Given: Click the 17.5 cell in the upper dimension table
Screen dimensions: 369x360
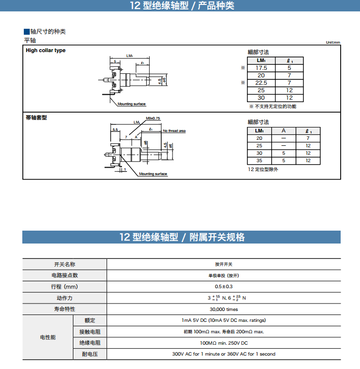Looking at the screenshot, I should [x=261, y=68].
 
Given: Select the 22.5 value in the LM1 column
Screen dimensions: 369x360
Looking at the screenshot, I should [x=261, y=83].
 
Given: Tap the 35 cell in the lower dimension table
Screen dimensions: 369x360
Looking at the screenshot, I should [x=259, y=161].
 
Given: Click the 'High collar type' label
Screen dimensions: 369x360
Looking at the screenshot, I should [x=46, y=51].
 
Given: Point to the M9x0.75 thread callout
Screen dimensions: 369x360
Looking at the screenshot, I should [x=153, y=119].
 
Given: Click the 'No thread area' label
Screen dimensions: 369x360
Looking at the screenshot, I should [x=174, y=131].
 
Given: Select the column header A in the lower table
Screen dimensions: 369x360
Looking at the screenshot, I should [x=284, y=131].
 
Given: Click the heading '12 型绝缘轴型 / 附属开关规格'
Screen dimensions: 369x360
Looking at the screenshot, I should [x=181, y=237].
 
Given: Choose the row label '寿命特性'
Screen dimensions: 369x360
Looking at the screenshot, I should [x=64, y=309].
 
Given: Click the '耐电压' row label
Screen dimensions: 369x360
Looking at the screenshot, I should [x=90, y=354].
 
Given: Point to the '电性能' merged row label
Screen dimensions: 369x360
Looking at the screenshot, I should [x=48, y=337].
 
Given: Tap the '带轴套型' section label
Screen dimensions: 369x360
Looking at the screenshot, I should [x=36, y=118].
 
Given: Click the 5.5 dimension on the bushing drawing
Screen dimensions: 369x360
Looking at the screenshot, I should [x=115, y=129].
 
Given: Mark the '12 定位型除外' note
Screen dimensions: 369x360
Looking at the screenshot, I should [x=263, y=170].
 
